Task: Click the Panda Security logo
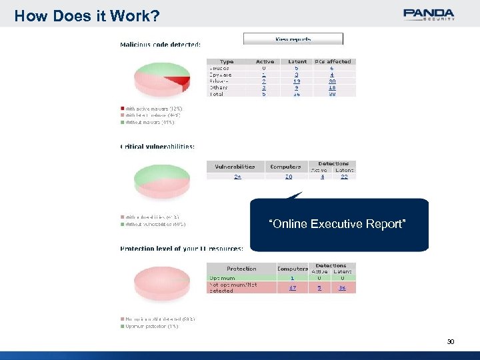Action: (x=429, y=14)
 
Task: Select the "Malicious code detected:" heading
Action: (x=160, y=45)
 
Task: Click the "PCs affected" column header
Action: (x=334, y=61)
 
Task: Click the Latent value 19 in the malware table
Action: (x=297, y=81)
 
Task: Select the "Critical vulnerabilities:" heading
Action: (x=157, y=147)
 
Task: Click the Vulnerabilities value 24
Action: (x=237, y=176)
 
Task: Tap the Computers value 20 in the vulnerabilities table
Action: (x=288, y=176)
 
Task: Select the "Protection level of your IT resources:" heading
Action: (x=181, y=249)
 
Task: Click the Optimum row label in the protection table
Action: (x=223, y=277)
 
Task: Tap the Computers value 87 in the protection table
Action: (x=292, y=287)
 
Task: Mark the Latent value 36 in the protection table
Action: (x=342, y=287)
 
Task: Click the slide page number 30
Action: (x=451, y=341)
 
